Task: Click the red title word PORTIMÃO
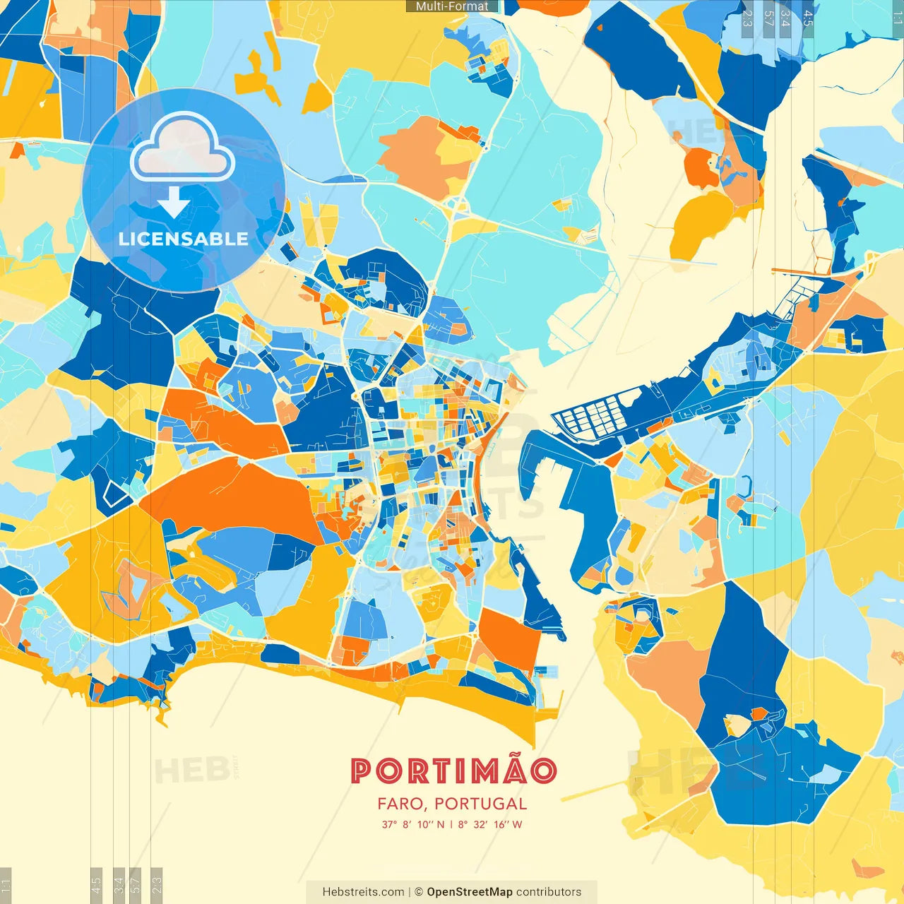coord(453,771)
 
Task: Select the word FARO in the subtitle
coord(399,804)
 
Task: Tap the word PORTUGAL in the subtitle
coord(480,804)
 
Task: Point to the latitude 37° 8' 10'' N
coord(413,824)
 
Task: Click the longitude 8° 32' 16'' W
coord(490,824)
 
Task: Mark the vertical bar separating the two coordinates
coord(451,824)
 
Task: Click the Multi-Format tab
coord(452,6)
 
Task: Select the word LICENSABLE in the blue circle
coord(183,239)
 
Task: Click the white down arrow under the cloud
coord(174,203)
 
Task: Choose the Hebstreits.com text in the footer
coord(363,892)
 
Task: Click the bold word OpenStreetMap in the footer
coord(470,892)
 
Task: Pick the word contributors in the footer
coord(549,892)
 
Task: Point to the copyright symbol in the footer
coord(419,892)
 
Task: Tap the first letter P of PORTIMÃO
coord(361,771)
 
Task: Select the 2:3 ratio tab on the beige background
coord(156,883)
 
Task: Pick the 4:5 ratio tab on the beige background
coord(96,883)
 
